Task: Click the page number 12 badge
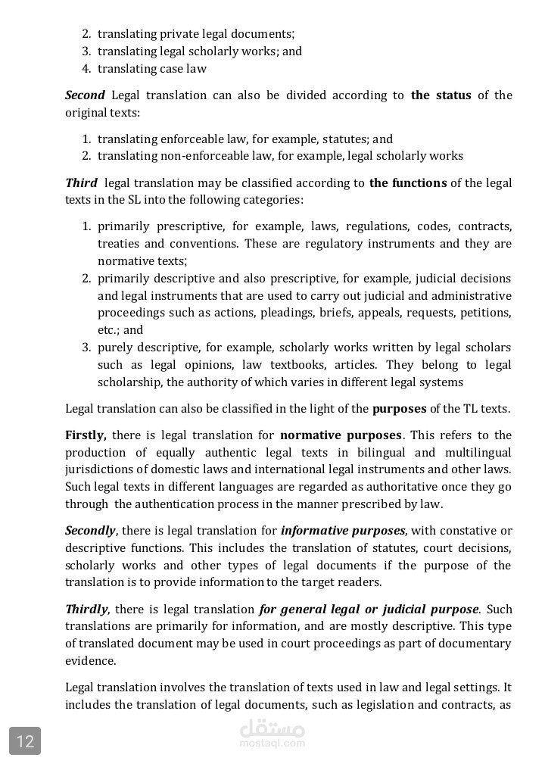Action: (x=25, y=741)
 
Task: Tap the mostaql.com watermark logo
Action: (x=272, y=733)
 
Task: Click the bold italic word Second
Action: (x=85, y=95)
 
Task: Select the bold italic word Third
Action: (x=81, y=183)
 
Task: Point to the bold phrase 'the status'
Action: (x=441, y=95)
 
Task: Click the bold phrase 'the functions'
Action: (x=408, y=183)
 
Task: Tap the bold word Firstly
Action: (x=86, y=435)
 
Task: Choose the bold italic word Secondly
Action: (x=90, y=531)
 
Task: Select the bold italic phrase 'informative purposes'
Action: (x=343, y=531)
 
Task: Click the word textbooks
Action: (x=276, y=365)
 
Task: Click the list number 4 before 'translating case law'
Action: (x=86, y=69)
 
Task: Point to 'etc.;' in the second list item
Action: (x=108, y=330)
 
